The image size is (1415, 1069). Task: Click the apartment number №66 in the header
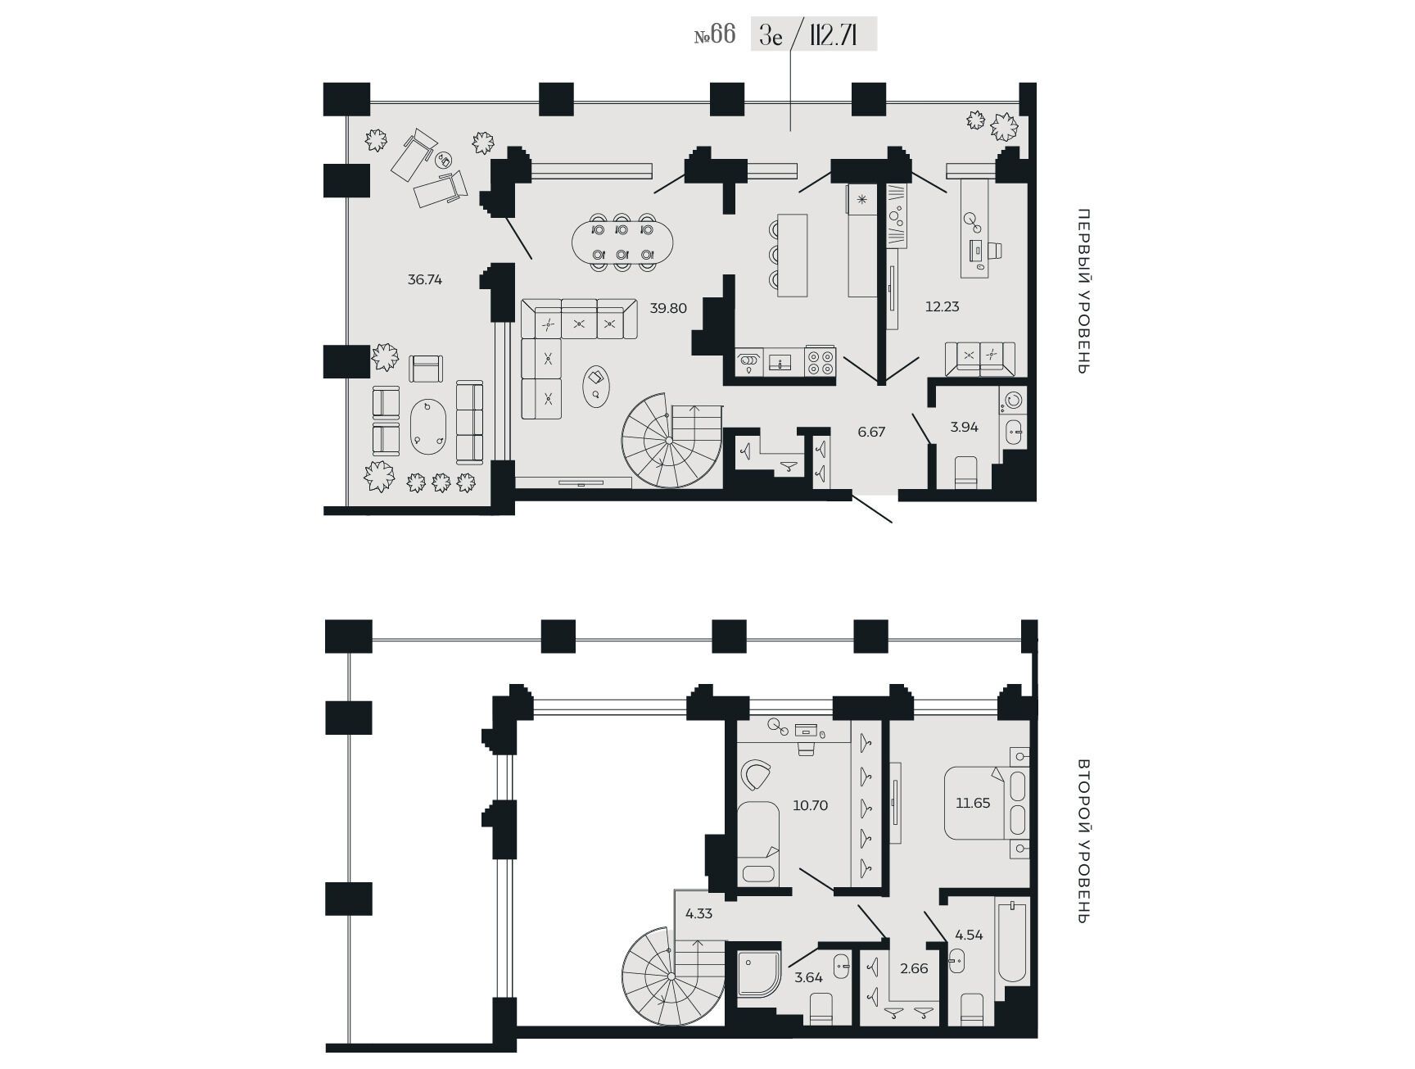(715, 35)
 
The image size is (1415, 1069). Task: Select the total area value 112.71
(832, 36)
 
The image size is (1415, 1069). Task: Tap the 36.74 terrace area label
(425, 279)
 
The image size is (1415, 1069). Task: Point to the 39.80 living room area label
(668, 308)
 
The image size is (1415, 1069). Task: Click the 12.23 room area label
(942, 306)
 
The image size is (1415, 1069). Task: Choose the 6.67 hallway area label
(871, 432)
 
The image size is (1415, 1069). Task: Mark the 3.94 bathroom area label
(965, 427)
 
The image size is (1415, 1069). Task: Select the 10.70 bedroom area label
(811, 805)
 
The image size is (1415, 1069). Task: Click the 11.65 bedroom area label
(973, 803)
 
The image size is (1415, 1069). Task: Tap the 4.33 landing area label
(699, 913)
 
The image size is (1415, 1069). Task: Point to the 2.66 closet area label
(914, 968)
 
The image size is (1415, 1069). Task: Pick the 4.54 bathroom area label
(969, 935)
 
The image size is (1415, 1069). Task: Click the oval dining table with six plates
(622, 242)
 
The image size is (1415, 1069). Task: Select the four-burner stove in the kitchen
(820, 360)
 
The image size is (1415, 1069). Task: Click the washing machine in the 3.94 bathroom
(1012, 400)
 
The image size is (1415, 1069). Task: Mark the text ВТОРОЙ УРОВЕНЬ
(1083, 840)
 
